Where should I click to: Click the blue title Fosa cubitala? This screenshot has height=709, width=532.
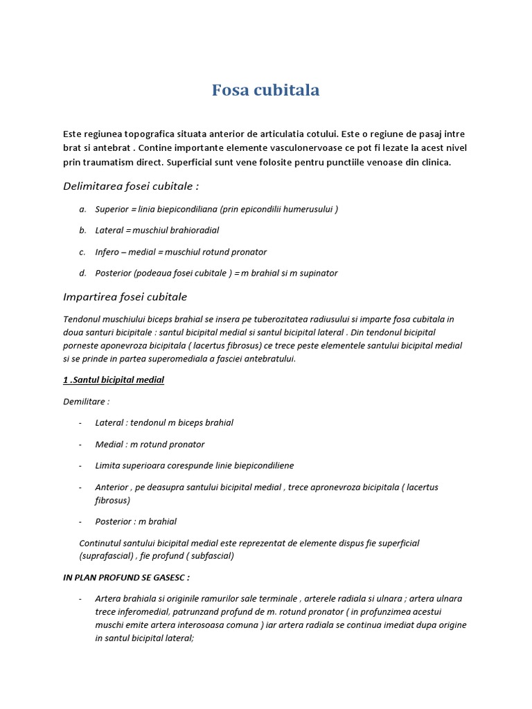(265, 90)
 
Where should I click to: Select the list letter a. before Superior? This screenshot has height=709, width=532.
(82, 209)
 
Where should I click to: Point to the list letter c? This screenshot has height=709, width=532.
(82, 252)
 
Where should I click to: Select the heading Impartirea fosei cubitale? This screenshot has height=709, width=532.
(125, 296)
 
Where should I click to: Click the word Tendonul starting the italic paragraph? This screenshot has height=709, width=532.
(82, 319)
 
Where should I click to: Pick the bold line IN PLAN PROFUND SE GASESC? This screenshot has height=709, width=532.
(126, 577)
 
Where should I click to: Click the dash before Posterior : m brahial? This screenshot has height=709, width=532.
(81, 521)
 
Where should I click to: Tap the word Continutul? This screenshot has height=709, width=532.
(102, 544)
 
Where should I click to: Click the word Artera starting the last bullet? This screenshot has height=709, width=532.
(107, 598)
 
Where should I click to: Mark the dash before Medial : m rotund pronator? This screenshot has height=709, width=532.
(81, 445)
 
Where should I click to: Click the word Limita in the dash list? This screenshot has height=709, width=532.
(107, 465)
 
